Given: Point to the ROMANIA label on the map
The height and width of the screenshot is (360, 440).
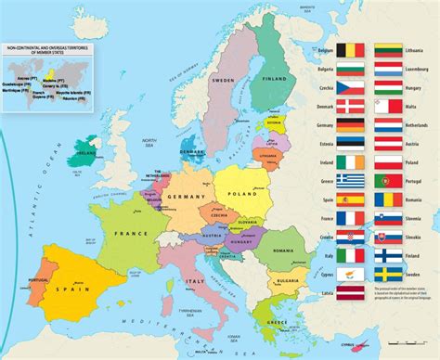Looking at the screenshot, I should [x=285, y=251].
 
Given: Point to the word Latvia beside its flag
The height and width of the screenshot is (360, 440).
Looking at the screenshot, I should [x=325, y=295].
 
